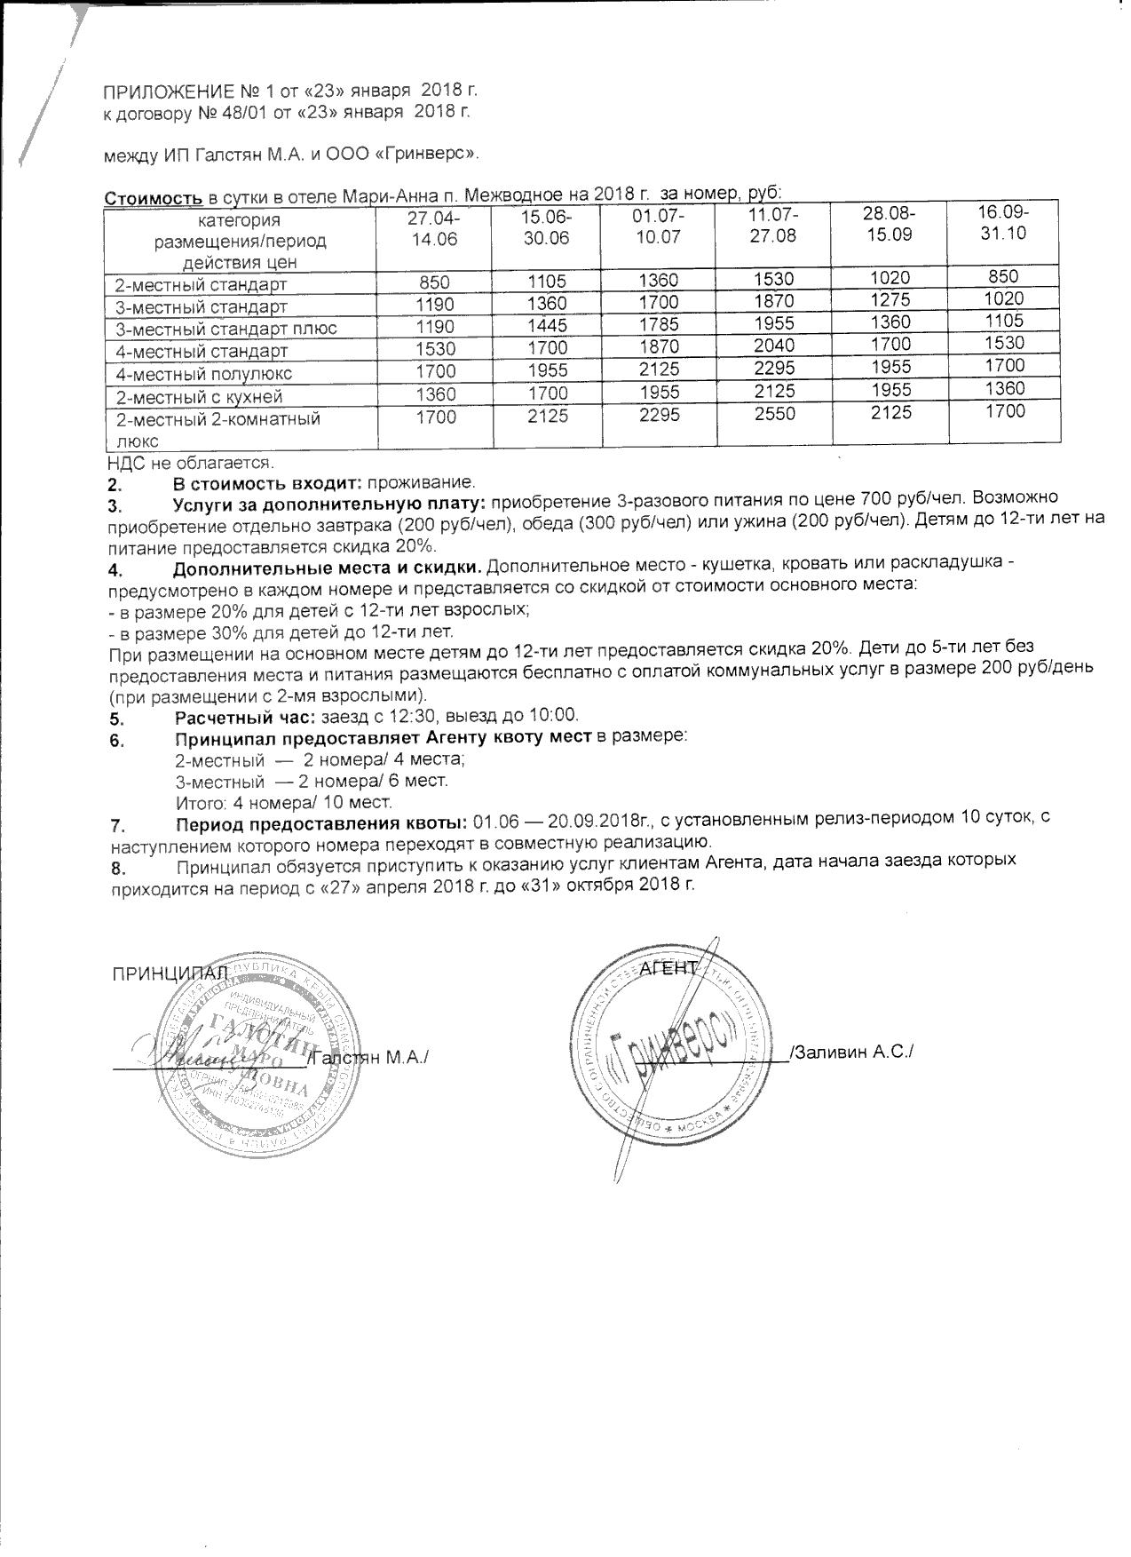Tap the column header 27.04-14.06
[434, 228]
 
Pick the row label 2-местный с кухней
[200, 397]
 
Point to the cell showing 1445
[547, 326]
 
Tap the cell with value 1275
[890, 300]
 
